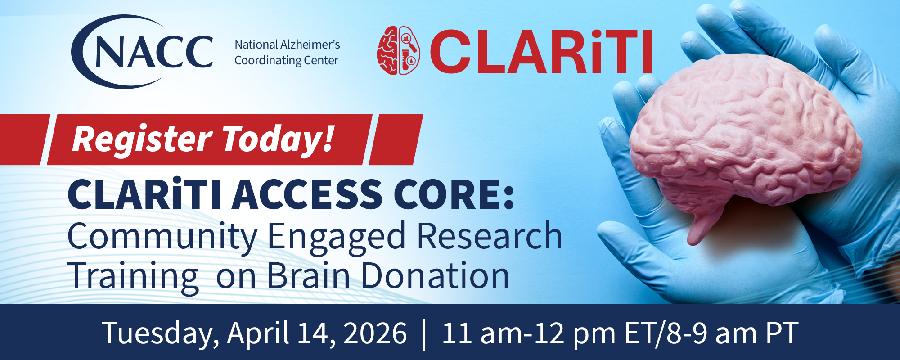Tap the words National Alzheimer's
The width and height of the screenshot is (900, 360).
coord(287,45)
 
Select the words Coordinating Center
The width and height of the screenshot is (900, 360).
coord(286,60)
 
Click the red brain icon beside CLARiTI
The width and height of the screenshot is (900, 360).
coord(398,50)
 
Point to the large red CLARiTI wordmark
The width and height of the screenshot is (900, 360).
coord(540,52)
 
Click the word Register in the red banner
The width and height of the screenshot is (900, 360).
coord(142,139)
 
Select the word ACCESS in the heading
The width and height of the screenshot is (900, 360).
coord(307,195)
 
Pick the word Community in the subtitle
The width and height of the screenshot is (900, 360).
coord(162,237)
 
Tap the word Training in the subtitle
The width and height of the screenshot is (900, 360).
coord(133,276)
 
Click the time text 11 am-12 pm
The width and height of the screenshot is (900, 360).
coord(529,333)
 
